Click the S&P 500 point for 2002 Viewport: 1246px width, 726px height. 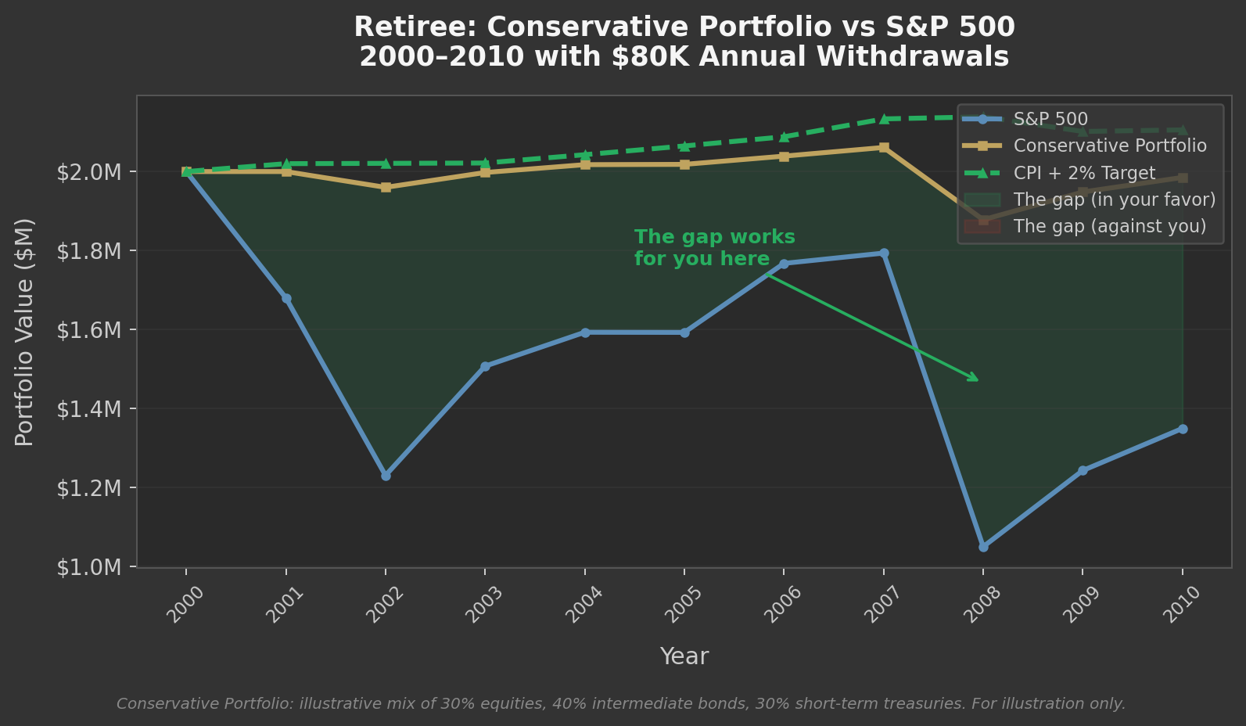(x=386, y=476)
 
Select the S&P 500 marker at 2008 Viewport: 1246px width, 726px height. (x=983, y=547)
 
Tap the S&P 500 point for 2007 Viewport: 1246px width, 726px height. (x=884, y=253)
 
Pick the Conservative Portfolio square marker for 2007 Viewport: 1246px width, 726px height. (x=884, y=147)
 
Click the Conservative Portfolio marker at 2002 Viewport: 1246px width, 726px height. (x=386, y=188)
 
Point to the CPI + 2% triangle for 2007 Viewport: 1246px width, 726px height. (x=884, y=119)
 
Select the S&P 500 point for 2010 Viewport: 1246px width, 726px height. (x=1183, y=429)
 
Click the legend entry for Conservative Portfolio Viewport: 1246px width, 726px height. (x=1109, y=146)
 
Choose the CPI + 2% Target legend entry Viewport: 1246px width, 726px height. (x=1084, y=173)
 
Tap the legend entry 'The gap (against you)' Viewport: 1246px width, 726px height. (x=1109, y=227)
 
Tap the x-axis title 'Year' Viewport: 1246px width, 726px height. (x=684, y=656)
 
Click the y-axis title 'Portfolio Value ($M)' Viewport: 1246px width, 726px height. (x=25, y=332)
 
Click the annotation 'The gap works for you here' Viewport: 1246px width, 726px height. (x=714, y=248)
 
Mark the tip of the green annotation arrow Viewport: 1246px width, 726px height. (x=978, y=381)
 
